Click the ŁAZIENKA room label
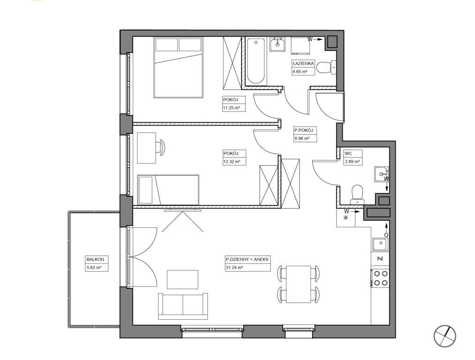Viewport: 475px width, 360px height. [x=302, y=64]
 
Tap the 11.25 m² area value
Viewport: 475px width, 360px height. [x=232, y=107]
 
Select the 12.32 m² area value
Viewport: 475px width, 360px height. [x=232, y=162]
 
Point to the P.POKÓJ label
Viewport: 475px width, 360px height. [x=303, y=130]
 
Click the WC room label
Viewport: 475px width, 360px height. [x=348, y=154]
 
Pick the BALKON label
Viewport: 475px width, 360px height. [x=95, y=260]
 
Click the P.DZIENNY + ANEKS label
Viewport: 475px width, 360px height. [x=247, y=260]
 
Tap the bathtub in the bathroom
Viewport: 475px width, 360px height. [x=256, y=61]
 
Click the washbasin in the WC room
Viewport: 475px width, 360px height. [x=381, y=174]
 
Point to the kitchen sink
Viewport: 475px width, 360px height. [x=380, y=244]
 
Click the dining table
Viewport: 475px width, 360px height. [x=298, y=285]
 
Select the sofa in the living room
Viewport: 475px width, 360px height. [x=183, y=306]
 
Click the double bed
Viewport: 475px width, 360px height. [x=178, y=67]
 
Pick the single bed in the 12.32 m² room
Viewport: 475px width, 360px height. [x=168, y=189]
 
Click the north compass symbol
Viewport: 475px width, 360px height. [x=445, y=336]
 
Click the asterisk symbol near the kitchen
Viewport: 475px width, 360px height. [x=346, y=217]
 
